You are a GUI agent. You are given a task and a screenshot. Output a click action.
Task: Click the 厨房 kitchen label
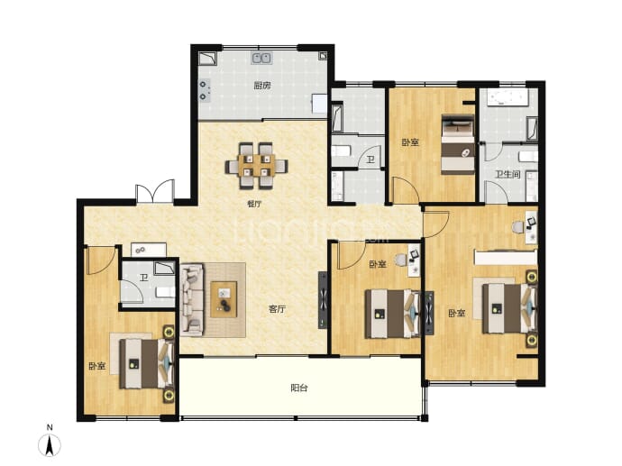262,86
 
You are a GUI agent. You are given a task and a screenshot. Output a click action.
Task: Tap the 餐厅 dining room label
254,205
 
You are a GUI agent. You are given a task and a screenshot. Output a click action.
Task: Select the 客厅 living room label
277,309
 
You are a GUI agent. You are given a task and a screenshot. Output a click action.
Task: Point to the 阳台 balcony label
299,388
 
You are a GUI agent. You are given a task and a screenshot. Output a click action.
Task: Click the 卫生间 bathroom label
508,174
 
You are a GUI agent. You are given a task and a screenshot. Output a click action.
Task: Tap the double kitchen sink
261,59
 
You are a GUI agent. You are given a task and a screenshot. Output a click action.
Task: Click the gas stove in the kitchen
204,90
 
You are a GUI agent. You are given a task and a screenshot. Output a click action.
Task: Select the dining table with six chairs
257,165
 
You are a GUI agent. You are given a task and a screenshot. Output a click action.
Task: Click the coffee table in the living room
224,299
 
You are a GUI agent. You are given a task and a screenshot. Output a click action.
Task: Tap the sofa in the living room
192,299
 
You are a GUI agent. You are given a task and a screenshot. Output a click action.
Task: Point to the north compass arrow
50,445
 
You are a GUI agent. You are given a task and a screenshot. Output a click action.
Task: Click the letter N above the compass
50,427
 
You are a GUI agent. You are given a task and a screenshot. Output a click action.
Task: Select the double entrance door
155,192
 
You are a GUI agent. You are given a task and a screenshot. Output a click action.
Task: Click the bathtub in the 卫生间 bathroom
508,98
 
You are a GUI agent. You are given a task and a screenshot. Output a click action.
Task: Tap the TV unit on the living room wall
323,300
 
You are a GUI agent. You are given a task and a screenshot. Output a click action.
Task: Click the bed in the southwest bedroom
147,363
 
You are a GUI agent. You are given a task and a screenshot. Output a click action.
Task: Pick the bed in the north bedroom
458,144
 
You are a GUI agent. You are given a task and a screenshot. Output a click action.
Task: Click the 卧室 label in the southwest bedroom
96,366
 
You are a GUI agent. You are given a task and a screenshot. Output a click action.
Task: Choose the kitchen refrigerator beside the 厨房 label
319,104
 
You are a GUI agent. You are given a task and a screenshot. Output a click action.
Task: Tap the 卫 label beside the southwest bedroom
143,278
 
